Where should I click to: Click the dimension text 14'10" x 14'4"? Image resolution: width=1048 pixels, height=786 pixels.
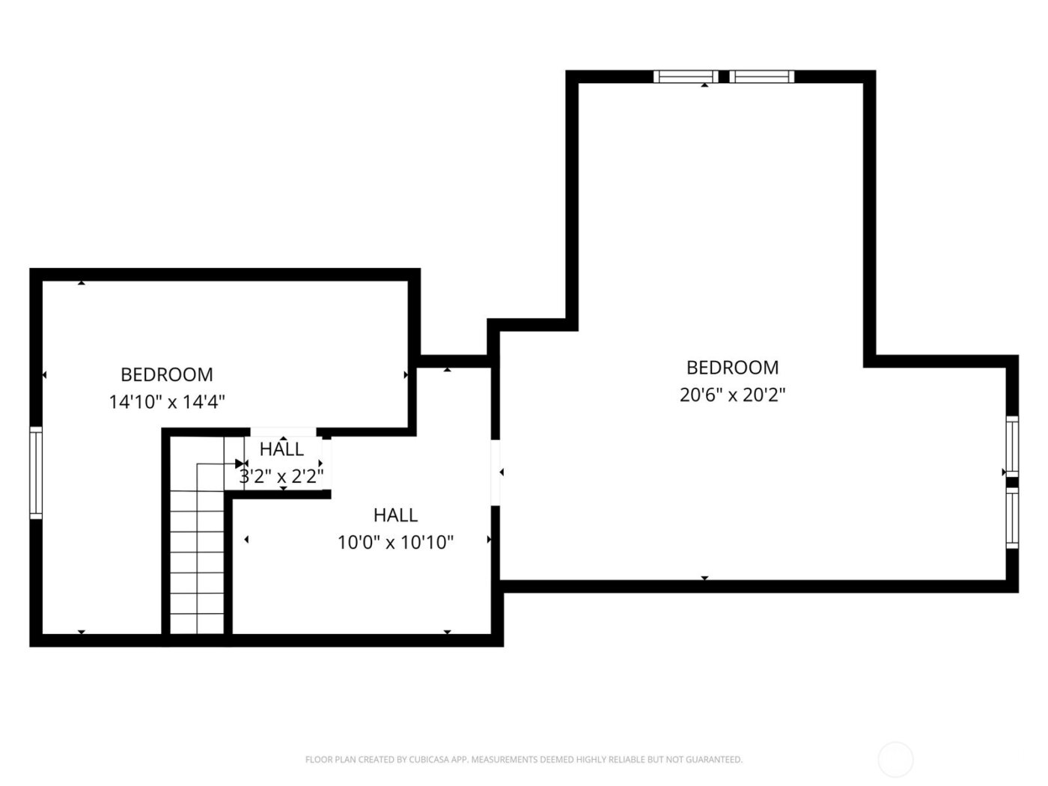(x=167, y=402)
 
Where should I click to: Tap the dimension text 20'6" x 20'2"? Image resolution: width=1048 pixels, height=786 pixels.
(x=732, y=394)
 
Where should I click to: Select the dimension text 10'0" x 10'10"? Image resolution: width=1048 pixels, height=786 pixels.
(x=395, y=542)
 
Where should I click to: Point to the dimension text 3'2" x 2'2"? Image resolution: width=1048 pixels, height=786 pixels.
(x=281, y=476)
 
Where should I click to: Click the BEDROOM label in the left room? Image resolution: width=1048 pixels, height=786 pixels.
(x=167, y=374)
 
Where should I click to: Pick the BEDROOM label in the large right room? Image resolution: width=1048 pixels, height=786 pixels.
(x=732, y=368)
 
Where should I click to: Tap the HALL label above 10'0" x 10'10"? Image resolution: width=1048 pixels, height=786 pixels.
(x=395, y=515)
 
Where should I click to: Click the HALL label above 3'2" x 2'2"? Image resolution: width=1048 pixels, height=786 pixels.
(x=281, y=449)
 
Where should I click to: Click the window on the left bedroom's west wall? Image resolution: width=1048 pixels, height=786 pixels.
(x=36, y=473)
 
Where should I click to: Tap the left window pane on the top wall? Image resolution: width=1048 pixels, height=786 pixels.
(x=685, y=76)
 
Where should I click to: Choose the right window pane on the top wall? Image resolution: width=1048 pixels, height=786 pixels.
(x=761, y=76)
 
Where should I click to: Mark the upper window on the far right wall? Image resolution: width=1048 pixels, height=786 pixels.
(x=1012, y=445)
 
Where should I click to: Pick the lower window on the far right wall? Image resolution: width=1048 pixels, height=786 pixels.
(x=1012, y=518)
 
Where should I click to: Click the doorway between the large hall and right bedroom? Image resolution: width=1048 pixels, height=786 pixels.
(x=496, y=473)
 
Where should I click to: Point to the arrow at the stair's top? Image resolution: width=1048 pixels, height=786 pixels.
(x=240, y=464)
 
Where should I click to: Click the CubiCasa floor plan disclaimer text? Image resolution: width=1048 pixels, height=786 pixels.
(x=523, y=760)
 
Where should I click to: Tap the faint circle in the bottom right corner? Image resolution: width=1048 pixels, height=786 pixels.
(x=895, y=760)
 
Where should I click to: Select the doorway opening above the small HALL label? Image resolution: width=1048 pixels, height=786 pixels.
(x=283, y=432)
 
